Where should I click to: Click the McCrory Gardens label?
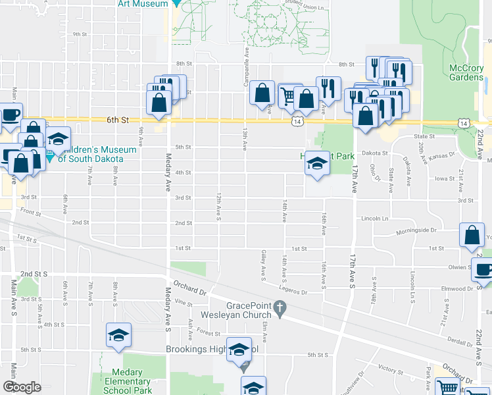click(x=466, y=72)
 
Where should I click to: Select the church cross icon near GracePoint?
click(x=280, y=307)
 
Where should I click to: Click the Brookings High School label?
click(x=204, y=350)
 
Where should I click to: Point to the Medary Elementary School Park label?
click(x=127, y=382)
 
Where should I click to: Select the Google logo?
click(x=22, y=388)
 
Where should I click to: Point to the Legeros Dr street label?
click(x=293, y=292)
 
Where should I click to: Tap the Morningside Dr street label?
click(x=416, y=231)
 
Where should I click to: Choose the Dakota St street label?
click(x=376, y=153)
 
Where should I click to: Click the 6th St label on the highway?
click(x=116, y=120)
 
